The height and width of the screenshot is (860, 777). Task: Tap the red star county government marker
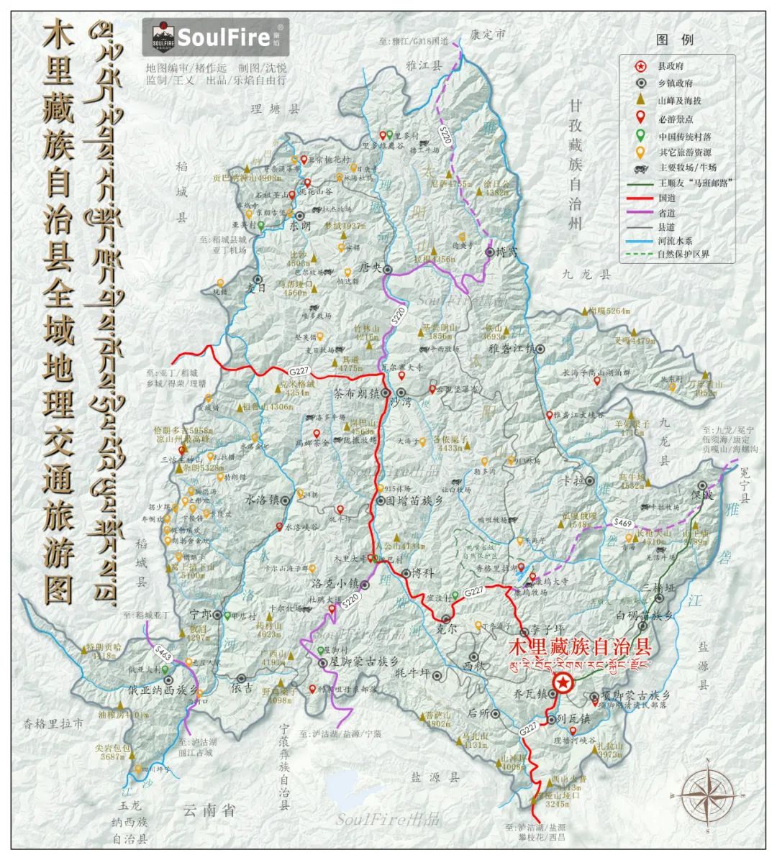coord(563,683)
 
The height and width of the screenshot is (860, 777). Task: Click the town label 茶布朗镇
coord(357,394)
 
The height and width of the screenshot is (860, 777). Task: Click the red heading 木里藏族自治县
coord(579,645)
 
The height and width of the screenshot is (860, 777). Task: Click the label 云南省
coord(209,810)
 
